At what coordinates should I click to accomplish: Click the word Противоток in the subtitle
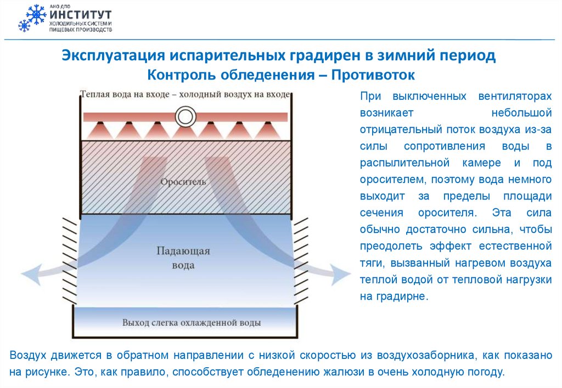pos(373,73)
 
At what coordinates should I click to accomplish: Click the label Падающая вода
pos(184,259)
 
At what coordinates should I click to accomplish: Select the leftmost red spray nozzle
pos(99,129)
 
